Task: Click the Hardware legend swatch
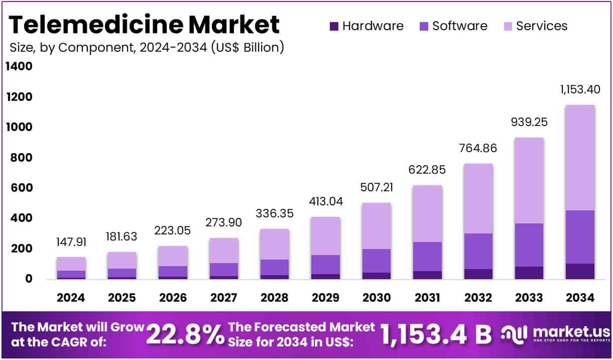click(x=334, y=26)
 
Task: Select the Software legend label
click(x=459, y=26)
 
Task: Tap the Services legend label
click(x=542, y=26)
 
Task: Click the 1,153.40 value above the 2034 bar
click(x=579, y=90)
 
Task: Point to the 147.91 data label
click(x=71, y=242)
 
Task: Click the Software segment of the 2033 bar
click(x=528, y=245)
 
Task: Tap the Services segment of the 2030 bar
click(x=376, y=226)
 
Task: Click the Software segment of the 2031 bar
click(x=427, y=257)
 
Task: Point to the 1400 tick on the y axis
click(x=19, y=67)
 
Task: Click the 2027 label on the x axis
click(x=223, y=298)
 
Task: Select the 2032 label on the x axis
click(x=477, y=298)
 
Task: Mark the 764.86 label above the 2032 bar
click(x=477, y=148)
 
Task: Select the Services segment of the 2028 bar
click(x=274, y=244)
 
